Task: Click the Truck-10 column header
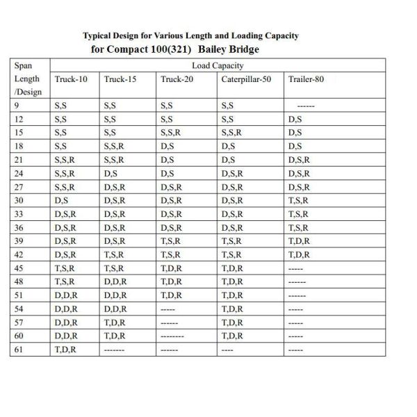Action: coord(71,79)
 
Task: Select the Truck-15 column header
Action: coord(120,79)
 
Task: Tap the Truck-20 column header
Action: coord(177,79)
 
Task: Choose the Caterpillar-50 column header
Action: coord(246,79)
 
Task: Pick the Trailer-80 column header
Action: coord(306,79)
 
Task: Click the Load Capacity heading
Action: coord(218,65)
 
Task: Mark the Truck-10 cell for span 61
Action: coord(65,350)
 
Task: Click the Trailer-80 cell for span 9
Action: coord(306,106)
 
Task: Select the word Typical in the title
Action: coord(99,35)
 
